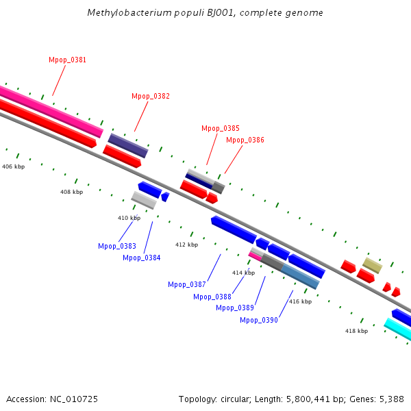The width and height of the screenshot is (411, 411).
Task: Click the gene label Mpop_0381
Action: click(x=67, y=60)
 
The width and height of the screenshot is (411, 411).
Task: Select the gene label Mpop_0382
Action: click(x=150, y=97)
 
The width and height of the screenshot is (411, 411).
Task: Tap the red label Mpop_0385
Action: click(x=220, y=129)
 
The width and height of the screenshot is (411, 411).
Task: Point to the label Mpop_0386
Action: click(x=245, y=140)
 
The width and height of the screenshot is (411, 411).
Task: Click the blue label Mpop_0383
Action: click(x=116, y=246)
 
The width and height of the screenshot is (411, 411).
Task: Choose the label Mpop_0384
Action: click(x=141, y=258)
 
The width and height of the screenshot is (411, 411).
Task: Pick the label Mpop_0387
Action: click(x=186, y=285)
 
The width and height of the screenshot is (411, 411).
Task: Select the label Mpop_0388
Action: click(x=212, y=297)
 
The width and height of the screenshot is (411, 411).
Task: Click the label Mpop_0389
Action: click(x=235, y=308)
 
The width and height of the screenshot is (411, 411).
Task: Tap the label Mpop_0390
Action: click(x=258, y=320)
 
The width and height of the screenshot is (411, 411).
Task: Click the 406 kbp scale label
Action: click(x=13, y=167)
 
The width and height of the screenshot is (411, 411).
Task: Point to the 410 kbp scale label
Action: click(x=129, y=219)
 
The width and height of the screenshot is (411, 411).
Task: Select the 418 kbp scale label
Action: click(x=356, y=331)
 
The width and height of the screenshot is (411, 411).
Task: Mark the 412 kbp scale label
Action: click(x=186, y=245)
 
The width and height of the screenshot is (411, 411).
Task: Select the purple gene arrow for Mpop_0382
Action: click(x=128, y=145)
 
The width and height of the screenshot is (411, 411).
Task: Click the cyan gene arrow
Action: click(x=398, y=329)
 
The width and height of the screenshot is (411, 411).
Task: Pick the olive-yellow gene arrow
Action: click(x=372, y=265)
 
